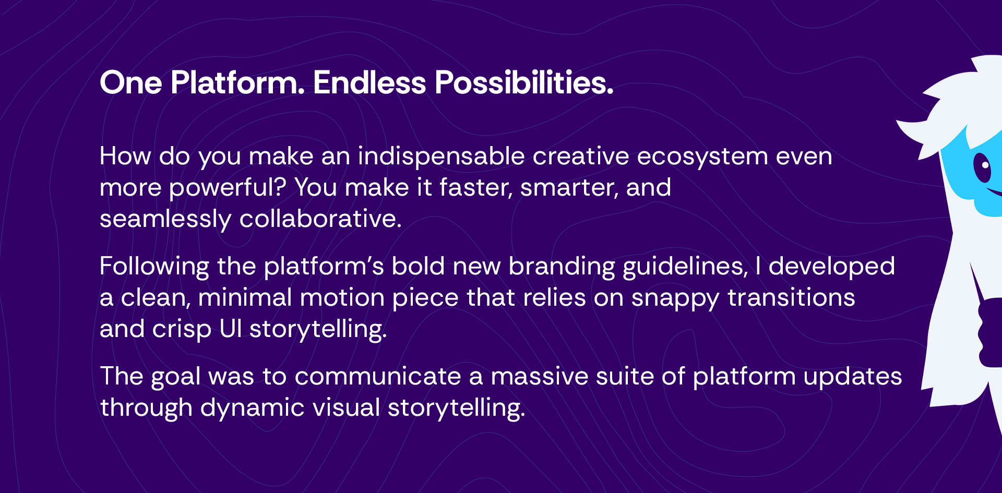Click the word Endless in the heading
pyautogui.click(x=369, y=82)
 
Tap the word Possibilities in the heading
pyautogui.click(x=524, y=82)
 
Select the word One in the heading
pyautogui.click(x=131, y=82)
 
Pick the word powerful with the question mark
pyautogui.click(x=228, y=187)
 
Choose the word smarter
pyautogui.click(x=569, y=188)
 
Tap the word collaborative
pyautogui.click(x=320, y=219)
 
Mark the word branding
pyautogui.click(x=562, y=267)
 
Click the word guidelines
pyautogui.click(x=686, y=267)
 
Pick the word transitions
pyautogui.click(x=791, y=297)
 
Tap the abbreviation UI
pyautogui.click(x=231, y=329)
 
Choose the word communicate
pyautogui.click(x=378, y=376)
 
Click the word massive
pyautogui.click(x=539, y=376)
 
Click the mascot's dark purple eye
pyautogui.click(x=982, y=167)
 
